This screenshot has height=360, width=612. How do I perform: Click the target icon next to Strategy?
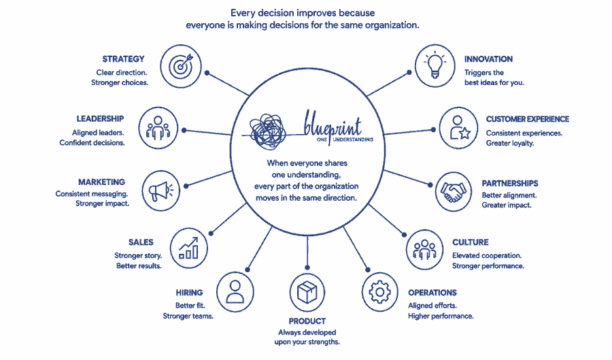[181, 66]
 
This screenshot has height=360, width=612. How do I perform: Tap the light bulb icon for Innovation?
[435, 65]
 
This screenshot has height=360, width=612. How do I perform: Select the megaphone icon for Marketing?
[160, 191]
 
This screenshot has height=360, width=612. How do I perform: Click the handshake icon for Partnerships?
[453, 192]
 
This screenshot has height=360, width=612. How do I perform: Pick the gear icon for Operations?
[379, 292]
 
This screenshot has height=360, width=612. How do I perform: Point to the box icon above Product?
[307, 293]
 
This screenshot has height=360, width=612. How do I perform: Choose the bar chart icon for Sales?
[189, 248]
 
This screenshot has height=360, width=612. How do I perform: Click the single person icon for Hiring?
[235, 292]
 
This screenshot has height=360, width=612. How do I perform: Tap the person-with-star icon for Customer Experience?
[458, 128]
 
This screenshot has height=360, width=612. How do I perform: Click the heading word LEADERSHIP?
[101, 118]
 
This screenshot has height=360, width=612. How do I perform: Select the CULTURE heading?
[471, 242]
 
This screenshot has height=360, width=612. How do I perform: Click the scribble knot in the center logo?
[267, 131]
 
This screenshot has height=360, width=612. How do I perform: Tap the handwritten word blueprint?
[333, 124]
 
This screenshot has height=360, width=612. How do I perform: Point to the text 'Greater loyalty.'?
[510, 143]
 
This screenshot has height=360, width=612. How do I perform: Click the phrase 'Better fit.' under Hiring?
[190, 306]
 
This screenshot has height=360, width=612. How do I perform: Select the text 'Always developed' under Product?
[307, 332]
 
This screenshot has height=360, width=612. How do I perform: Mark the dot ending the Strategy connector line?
[207, 73]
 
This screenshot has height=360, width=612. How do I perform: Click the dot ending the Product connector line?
[307, 267]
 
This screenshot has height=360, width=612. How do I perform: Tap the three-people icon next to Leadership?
[158, 128]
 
